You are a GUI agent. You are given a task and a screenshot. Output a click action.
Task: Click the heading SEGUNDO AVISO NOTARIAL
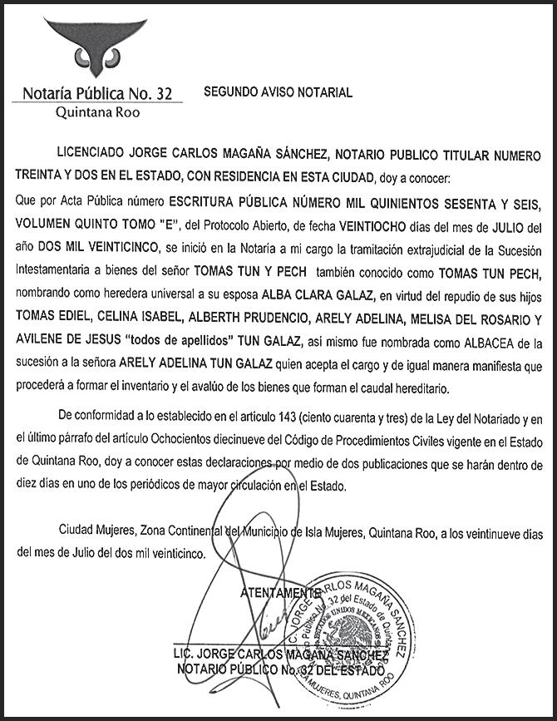point(278,93)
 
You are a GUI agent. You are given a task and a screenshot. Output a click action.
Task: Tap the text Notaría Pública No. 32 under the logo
point(98,93)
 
